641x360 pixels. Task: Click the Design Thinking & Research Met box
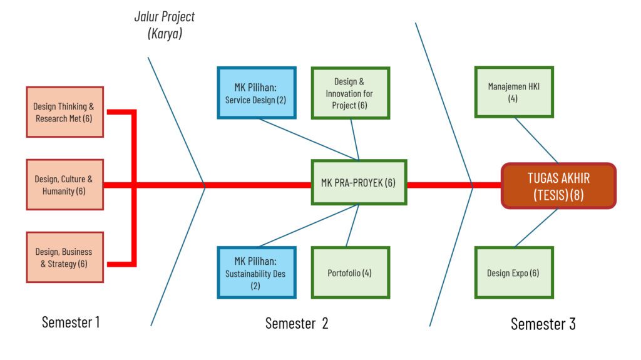click(x=64, y=112)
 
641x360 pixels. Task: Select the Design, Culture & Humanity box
click(x=64, y=185)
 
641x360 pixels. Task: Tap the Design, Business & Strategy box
click(x=64, y=257)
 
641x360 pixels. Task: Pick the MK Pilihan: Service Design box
click(x=257, y=93)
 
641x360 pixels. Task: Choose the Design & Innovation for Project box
click(x=350, y=93)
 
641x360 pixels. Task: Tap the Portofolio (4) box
click(x=350, y=272)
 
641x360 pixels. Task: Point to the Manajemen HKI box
click(x=513, y=92)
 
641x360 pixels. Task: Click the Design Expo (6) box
click(x=513, y=272)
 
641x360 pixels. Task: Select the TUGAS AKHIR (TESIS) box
click(x=558, y=185)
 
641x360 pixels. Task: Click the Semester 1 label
click(x=71, y=322)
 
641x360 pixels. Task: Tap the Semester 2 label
click(x=297, y=323)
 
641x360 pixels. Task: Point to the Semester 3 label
click(x=543, y=324)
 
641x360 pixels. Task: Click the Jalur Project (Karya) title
click(x=165, y=25)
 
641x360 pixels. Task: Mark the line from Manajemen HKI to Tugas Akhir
click(x=536, y=140)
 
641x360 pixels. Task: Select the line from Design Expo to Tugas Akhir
click(x=536, y=227)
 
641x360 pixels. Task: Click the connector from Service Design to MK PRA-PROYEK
click(x=309, y=139)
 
